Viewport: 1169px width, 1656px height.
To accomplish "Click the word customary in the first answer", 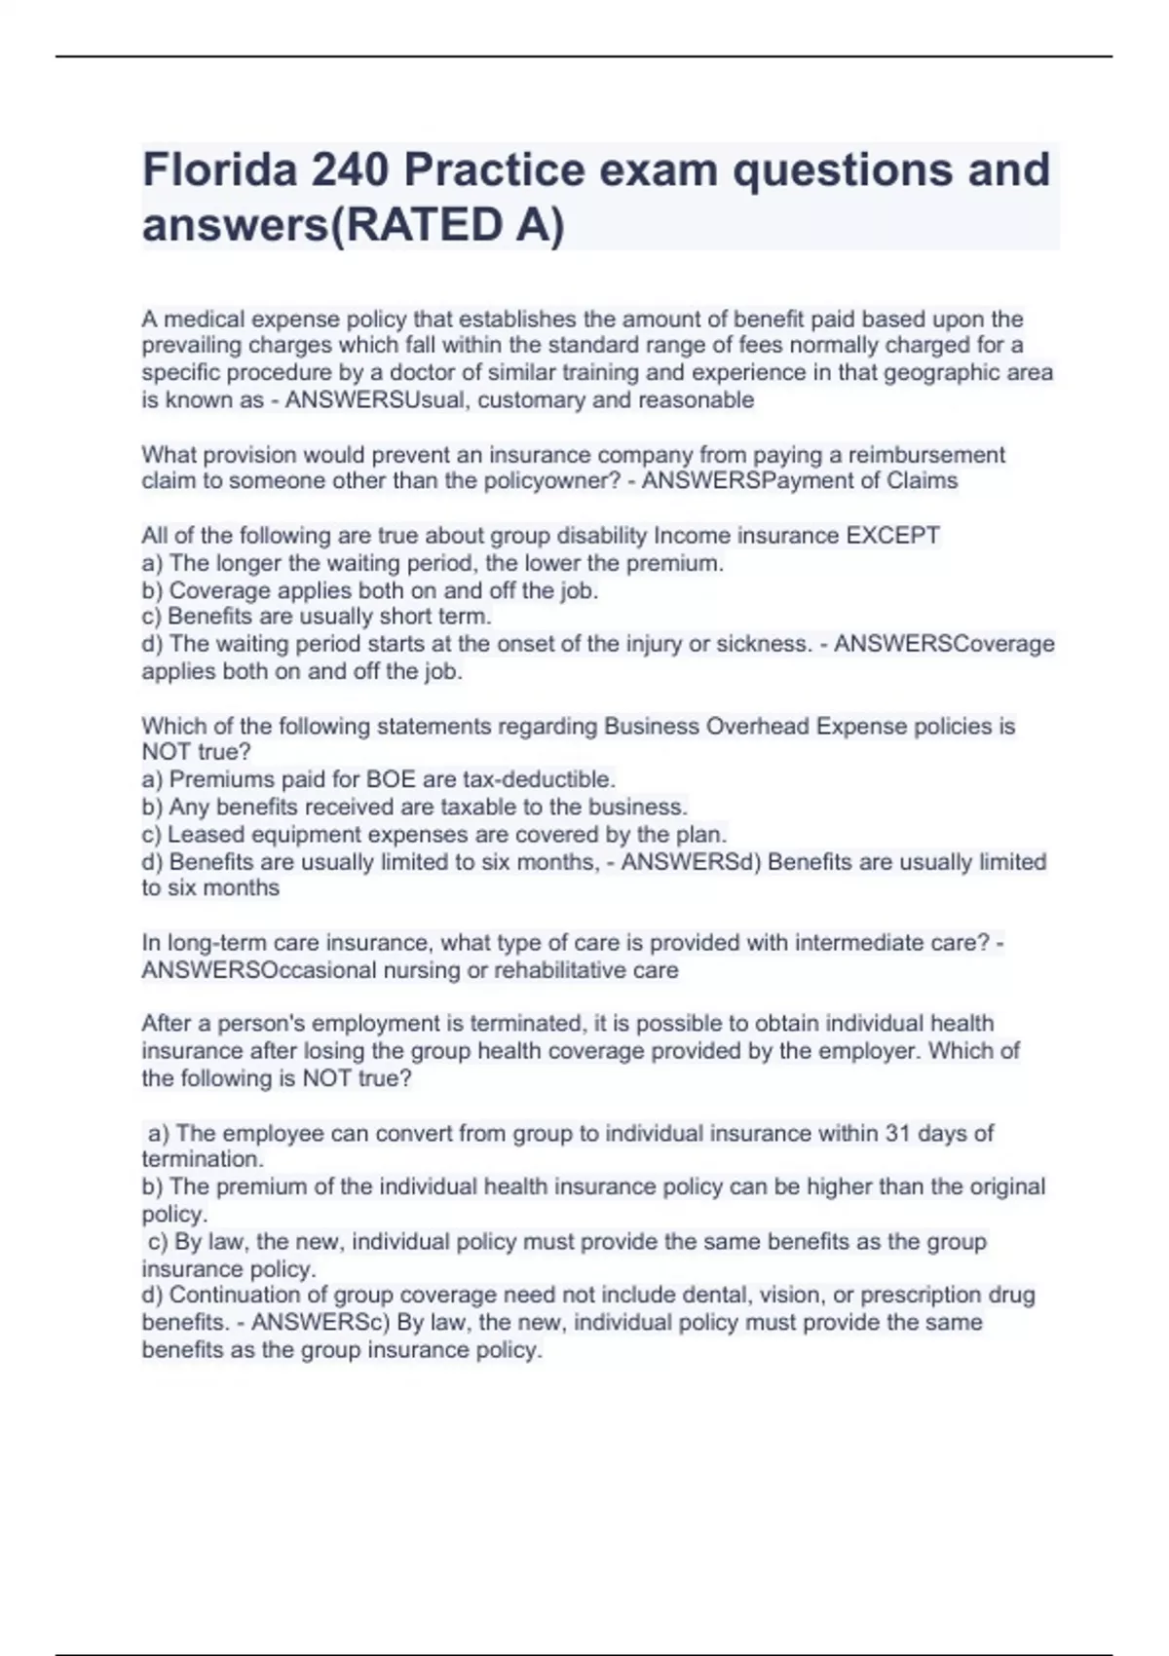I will point(543,399).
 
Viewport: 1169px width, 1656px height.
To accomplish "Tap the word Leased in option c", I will point(202,835).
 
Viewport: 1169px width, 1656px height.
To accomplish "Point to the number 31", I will point(897,1133).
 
